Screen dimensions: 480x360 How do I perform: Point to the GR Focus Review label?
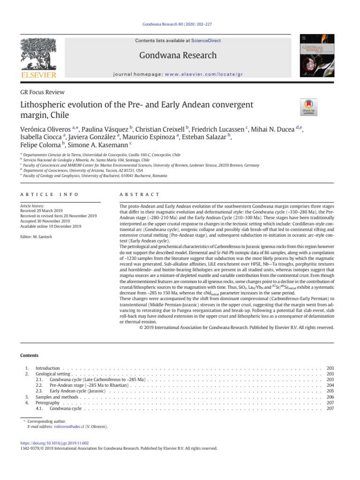click(43, 92)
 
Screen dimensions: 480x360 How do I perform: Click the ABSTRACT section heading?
click(140, 194)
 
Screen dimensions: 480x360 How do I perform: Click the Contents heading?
click(29, 356)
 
